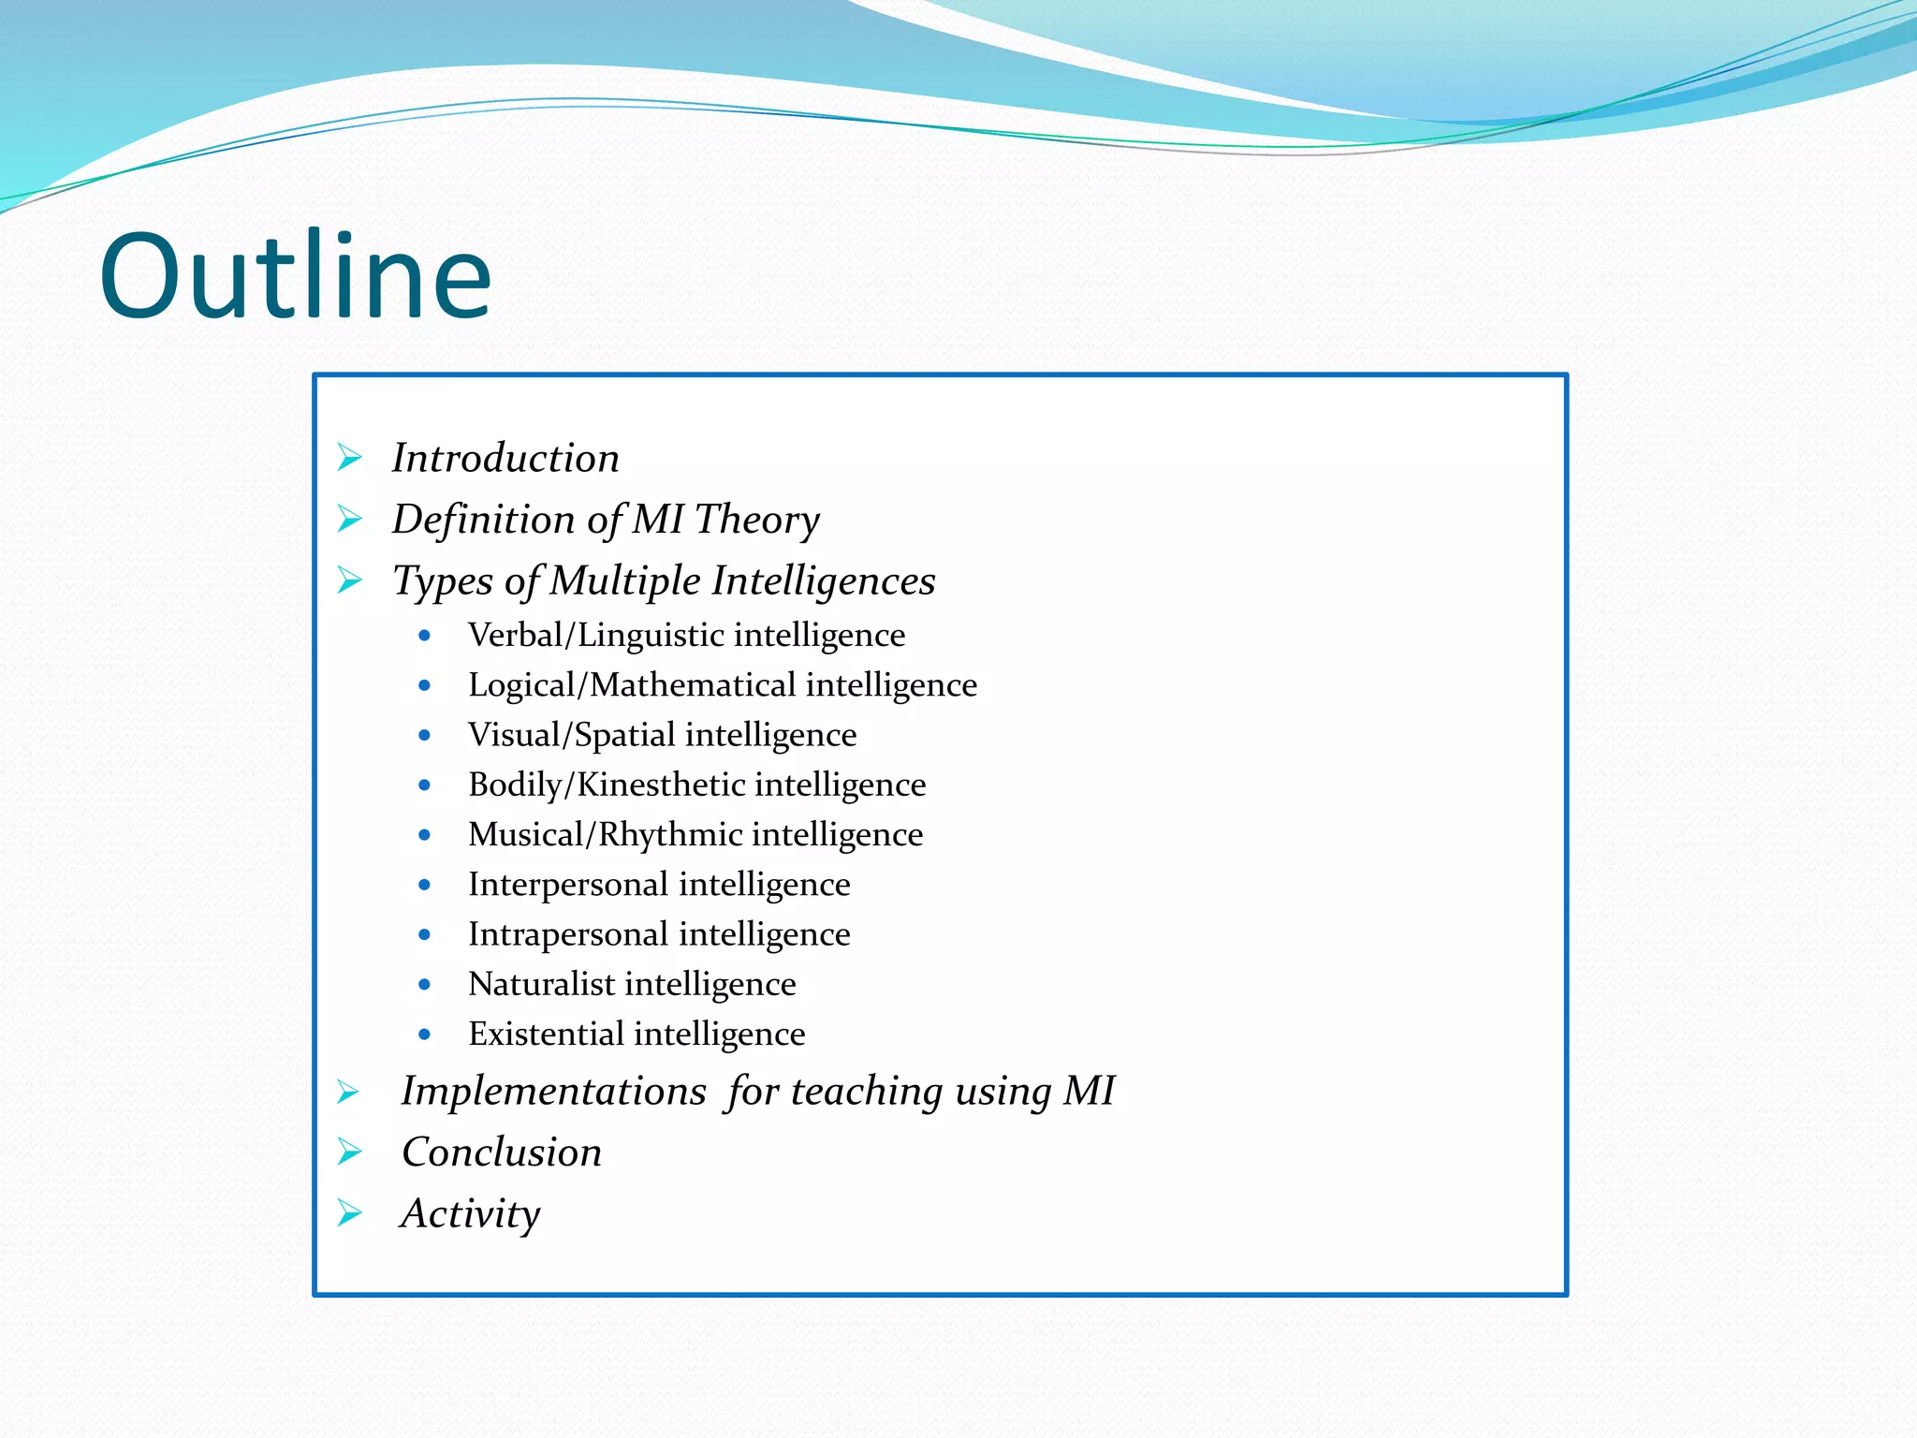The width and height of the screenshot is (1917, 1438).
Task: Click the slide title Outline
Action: tap(296, 277)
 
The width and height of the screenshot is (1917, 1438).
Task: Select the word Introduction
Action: tap(505, 459)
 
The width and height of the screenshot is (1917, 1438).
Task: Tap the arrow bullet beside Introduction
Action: tap(350, 458)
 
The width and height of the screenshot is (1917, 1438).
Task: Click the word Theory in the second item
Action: tap(756, 521)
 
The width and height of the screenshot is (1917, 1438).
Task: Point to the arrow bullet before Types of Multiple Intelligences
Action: tap(350, 580)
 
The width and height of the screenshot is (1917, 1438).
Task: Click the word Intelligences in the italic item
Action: tap(823, 581)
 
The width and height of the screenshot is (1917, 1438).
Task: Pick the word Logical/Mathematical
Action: tap(632, 685)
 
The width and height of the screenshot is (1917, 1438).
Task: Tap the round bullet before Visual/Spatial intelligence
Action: tap(425, 735)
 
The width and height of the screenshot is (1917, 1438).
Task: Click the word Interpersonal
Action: tap(567, 884)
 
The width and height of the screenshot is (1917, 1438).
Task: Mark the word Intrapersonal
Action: tap(567, 934)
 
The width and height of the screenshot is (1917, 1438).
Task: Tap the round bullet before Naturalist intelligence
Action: tap(425, 984)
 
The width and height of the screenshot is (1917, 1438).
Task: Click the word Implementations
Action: tap(553, 1092)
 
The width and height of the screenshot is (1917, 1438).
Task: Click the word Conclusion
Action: tap(502, 1152)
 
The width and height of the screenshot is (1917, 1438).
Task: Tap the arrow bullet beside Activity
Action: tap(350, 1213)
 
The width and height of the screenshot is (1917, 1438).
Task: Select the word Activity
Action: tap(471, 1214)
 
